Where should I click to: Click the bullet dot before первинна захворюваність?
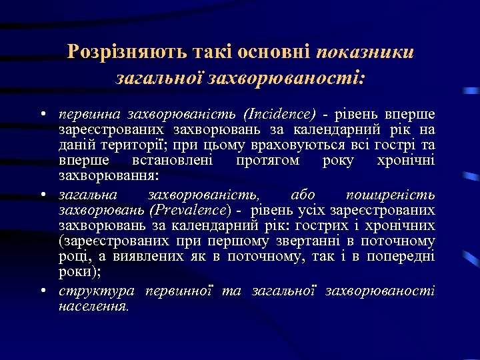(x=43, y=113)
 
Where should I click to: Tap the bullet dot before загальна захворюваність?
(x=43, y=195)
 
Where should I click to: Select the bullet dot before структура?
(x=43, y=291)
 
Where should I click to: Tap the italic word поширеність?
(x=391, y=195)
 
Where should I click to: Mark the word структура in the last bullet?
(x=97, y=291)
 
